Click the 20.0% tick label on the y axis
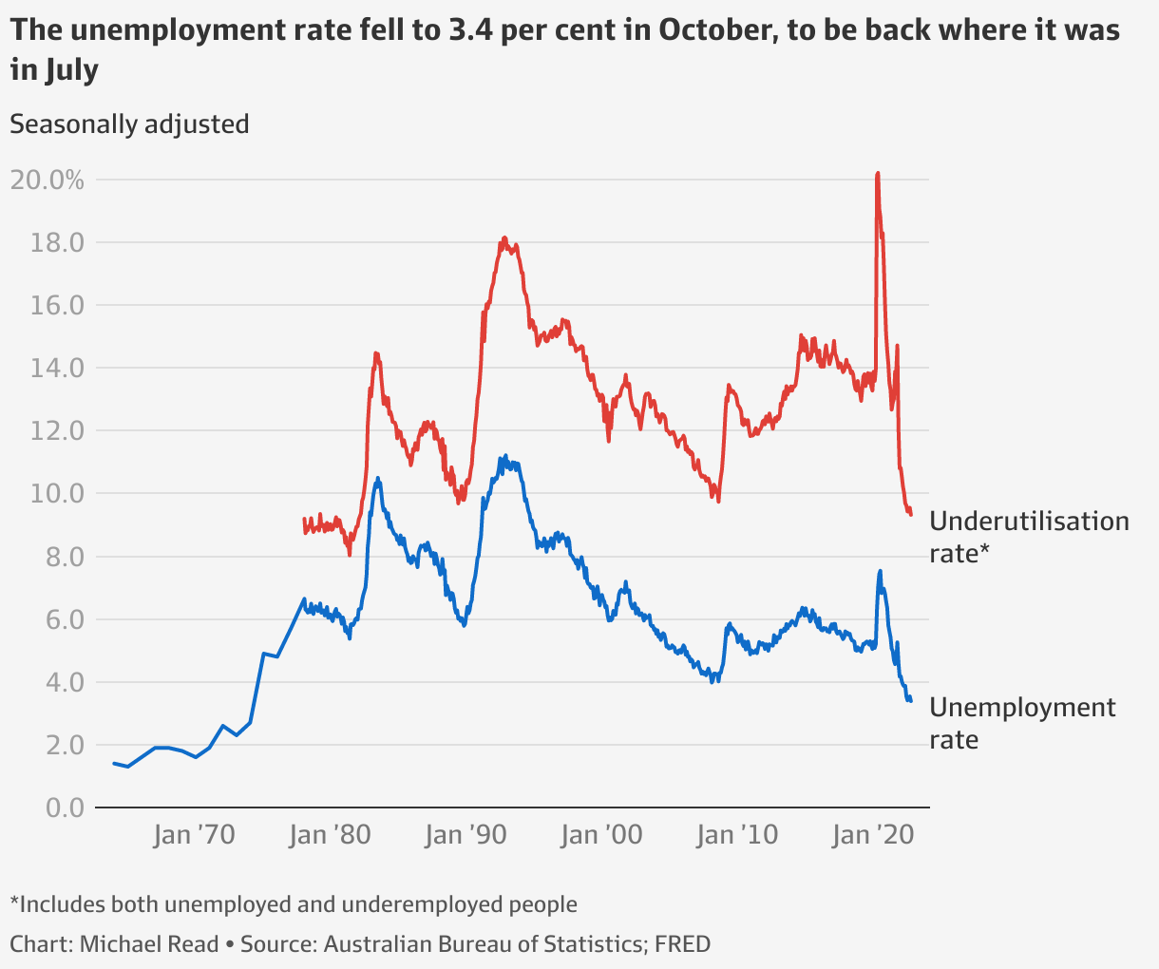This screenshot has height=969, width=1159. (47, 180)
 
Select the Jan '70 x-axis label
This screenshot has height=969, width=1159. (194, 836)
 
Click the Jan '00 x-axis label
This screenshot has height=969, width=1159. (601, 836)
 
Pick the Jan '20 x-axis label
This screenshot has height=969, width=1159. (873, 836)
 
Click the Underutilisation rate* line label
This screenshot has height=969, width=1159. (1029, 536)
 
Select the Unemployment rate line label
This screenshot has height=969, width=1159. (1022, 722)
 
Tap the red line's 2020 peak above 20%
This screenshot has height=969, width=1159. (877, 174)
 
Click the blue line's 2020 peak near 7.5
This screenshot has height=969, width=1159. (880, 571)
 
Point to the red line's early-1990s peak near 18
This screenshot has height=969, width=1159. (504, 238)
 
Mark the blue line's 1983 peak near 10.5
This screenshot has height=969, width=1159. (378, 479)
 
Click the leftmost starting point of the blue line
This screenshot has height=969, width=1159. (114, 763)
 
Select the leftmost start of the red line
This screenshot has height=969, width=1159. (304, 520)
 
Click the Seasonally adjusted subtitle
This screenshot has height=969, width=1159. (129, 124)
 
